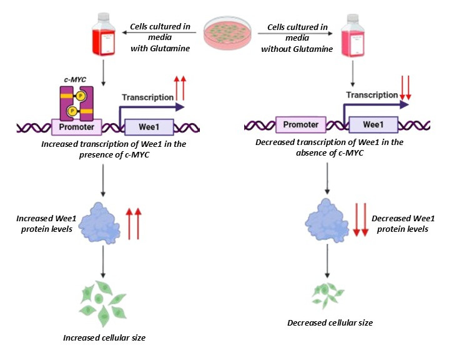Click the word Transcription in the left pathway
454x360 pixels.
point(147,97)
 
